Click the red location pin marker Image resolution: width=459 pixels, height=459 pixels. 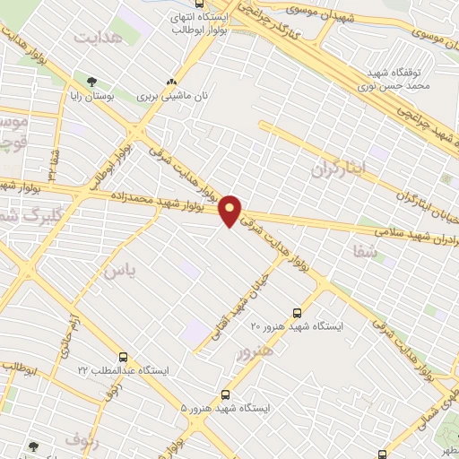(x=230, y=210)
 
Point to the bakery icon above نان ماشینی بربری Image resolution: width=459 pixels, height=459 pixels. (x=171, y=82)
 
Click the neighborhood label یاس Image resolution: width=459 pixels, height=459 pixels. (x=117, y=271)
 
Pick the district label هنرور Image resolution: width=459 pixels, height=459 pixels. (x=253, y=351)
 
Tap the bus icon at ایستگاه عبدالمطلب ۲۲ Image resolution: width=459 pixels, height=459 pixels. (x=123, y=357)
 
